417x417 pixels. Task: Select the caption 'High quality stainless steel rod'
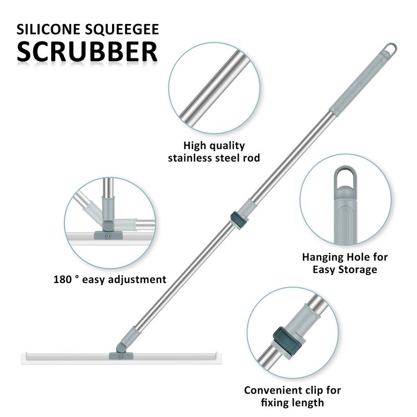click(x=214, y=151)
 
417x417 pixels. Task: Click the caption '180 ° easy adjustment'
click(x=109, y=279)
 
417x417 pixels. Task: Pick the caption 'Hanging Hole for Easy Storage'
click(x=345, y=263)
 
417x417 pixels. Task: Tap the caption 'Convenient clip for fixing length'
click(x=292, y=396)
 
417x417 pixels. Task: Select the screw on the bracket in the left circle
click(x=108, y=236)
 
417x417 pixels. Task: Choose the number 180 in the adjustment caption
click(x=64, y=279)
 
